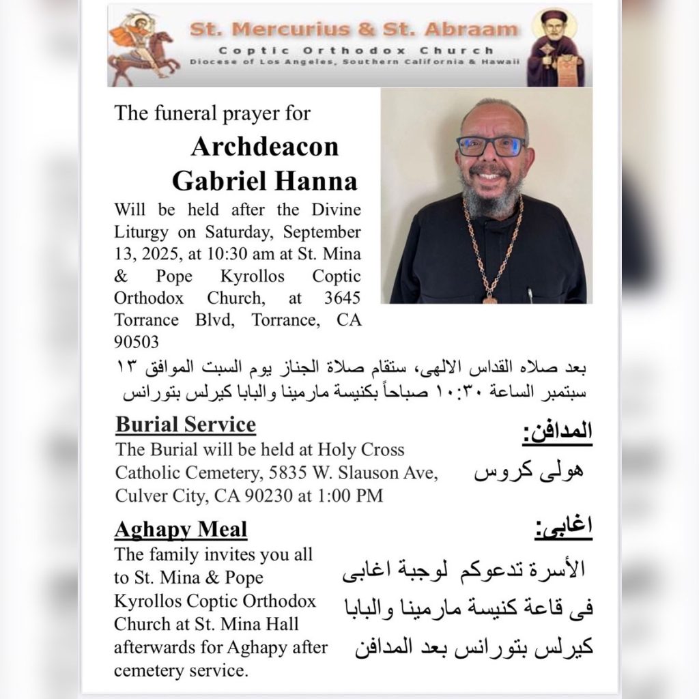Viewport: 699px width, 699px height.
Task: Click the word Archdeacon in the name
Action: coord(265,147)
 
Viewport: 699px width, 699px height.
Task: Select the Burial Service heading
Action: coord(186,425)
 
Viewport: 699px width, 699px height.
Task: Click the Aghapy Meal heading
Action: coord(181,529)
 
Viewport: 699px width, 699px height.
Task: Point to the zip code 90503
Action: coord(137,341)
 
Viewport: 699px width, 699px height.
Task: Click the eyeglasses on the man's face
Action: coord(491,145)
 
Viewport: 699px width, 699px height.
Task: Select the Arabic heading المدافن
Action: coord(557,433)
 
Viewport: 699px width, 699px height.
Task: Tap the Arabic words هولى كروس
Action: coord(528,472)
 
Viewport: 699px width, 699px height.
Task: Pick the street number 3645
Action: coord(342,298)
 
